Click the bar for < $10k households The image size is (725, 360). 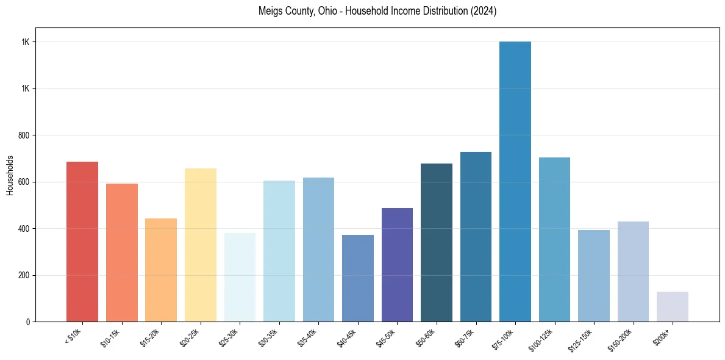pyautogui.click(x=82, y=242)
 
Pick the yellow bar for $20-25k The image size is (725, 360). pyautogui.click(x=201, y=245)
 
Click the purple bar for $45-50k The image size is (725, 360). pyautogui.click(x=397, y=265)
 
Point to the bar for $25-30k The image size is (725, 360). pyautogui.click(x=240, y=277)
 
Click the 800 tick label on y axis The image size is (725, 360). pyautogui.click(x=24, y=135)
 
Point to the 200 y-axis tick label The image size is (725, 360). pyautogui.click(x=24, y=275)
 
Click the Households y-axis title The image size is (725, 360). pyautogui.click(x=10, y=175)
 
